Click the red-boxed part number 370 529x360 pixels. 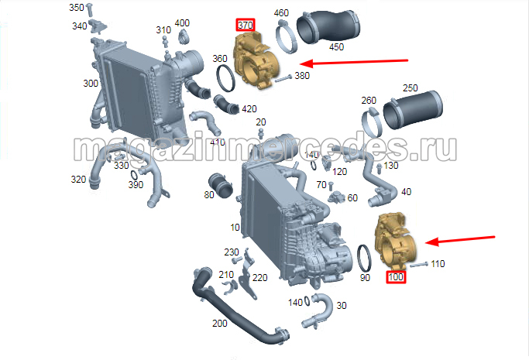246,25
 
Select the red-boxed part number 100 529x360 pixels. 396,277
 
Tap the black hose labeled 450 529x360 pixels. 328,27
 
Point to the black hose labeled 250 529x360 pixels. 413,110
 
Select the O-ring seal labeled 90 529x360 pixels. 364,259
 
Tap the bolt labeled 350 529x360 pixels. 89,10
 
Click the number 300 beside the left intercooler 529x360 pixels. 91,84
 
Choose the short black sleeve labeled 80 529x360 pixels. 221,185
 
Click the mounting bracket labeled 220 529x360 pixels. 248,274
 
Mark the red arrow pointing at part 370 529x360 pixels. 354,63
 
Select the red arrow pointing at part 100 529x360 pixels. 460,240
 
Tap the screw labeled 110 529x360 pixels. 419,264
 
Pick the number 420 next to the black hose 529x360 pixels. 249,109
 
